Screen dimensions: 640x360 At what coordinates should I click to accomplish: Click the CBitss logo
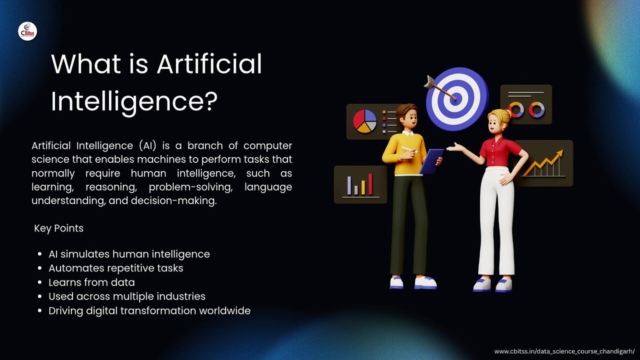(27, 31)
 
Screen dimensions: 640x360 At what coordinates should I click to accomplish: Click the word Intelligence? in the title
(134, 102)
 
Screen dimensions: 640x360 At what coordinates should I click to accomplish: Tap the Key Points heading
(58, 228)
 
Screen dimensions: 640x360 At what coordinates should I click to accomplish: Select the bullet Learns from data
(91, 282)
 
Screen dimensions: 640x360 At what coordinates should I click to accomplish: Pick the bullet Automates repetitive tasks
(115, 268)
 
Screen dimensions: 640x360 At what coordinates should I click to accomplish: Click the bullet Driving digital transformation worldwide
(149, 310)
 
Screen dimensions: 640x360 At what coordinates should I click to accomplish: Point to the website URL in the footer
(564, 351)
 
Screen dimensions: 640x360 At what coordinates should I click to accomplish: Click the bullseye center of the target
(456, 98)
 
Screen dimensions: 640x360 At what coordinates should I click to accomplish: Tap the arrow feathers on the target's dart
(429, 82)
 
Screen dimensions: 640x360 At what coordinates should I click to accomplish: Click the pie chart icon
(364, 121)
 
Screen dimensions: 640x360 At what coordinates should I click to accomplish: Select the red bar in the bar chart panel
(370, 184)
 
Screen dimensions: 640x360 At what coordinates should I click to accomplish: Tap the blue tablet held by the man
(431, 161)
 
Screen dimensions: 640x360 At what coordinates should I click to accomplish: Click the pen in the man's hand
(409, 149)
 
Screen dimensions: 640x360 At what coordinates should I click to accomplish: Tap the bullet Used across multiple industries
(127, 296)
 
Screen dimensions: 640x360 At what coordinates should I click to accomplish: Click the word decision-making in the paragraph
(174, 200)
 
